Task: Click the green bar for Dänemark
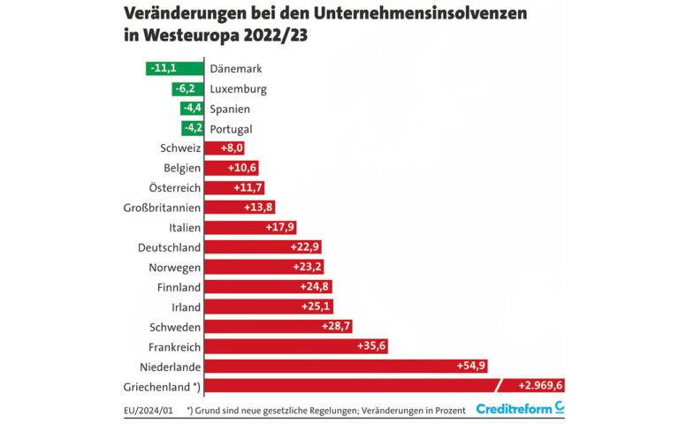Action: tap(174, 68)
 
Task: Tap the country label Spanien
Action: tap(230, 109)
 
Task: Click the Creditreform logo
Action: tap(520, 408)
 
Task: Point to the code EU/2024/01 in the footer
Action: tap(148, 410)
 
